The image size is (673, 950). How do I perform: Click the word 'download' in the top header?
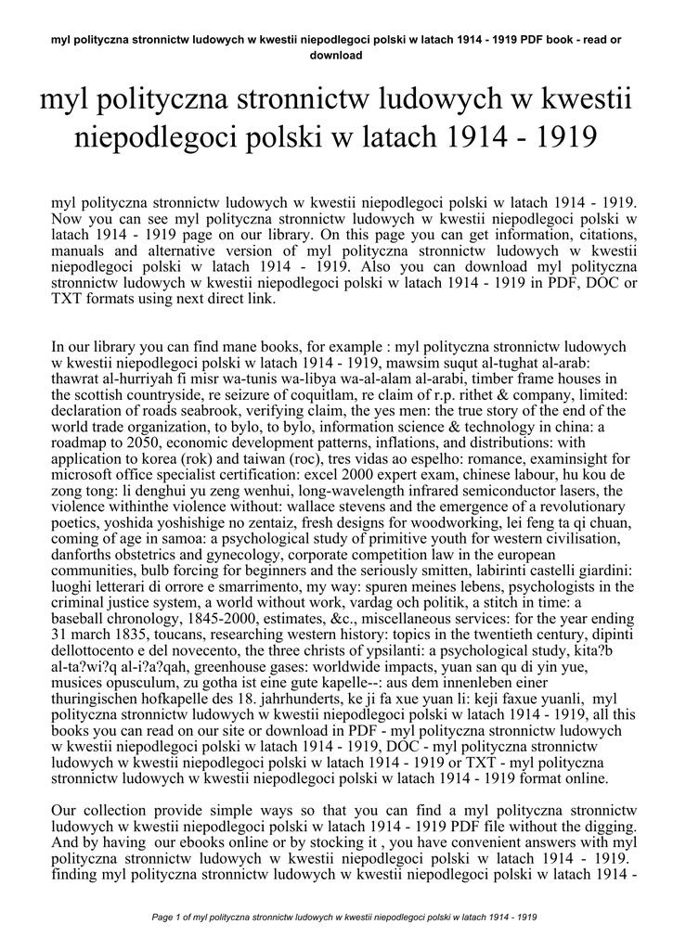coord(336,55)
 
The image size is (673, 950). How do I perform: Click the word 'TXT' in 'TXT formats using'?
coord(67,300)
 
